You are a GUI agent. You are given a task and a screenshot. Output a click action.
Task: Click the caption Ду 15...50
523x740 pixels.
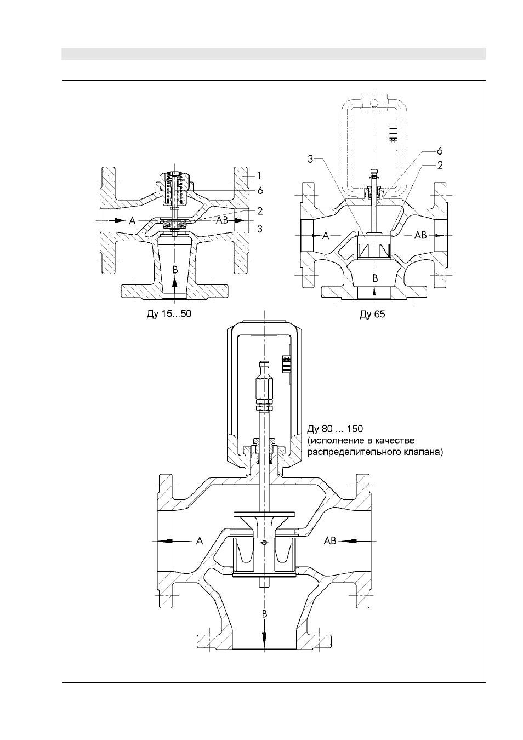169,314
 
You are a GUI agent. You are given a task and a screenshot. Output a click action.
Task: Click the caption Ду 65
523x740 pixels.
372,314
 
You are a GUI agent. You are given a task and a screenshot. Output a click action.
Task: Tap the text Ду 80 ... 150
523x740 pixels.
335,429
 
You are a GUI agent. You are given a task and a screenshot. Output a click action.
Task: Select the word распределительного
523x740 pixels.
354,452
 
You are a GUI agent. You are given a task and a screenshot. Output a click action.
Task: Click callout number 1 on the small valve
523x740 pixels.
260,176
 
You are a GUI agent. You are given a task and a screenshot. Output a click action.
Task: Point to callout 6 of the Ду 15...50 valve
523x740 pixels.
260,191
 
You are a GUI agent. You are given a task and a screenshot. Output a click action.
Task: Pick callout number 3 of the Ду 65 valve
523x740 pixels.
310,159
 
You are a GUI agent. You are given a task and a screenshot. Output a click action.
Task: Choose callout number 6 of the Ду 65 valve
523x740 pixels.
440,151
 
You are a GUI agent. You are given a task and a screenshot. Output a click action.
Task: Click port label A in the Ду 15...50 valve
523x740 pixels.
132,220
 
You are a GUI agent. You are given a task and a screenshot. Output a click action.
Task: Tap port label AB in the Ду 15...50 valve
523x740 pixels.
222,220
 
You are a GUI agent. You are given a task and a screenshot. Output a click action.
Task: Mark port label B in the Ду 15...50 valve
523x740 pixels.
175,270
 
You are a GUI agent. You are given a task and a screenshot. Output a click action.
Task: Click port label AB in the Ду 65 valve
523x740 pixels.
420,235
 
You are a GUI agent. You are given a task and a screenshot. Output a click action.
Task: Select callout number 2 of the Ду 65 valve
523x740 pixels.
440,165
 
